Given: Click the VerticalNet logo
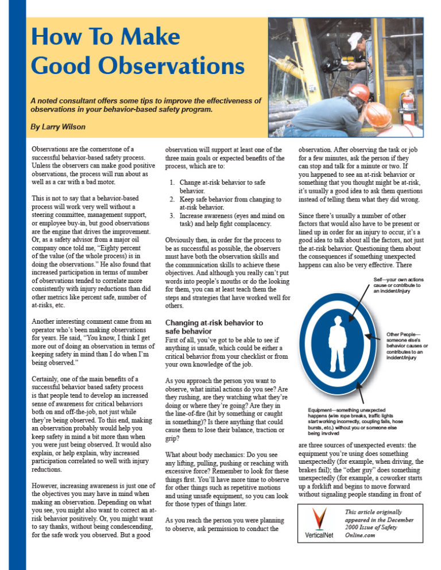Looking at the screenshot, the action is tap(314, 523).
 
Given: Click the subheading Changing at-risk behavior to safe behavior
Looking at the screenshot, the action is tap(214, 327).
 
